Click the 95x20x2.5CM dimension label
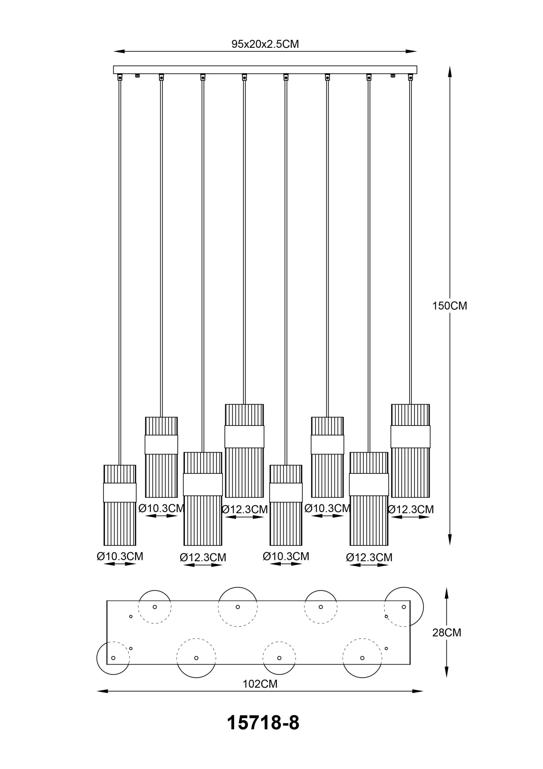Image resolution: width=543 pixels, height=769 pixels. (265, 44)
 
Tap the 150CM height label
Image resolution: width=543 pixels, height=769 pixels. (450, 306)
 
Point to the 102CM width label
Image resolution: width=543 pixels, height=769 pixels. (260, 684)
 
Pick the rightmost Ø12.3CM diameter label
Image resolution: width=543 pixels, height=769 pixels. (411, 509)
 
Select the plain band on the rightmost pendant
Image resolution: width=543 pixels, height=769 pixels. (410, 437)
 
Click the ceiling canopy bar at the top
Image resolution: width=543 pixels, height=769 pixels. (265, 70)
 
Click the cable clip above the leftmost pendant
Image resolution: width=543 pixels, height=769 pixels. (120, 78)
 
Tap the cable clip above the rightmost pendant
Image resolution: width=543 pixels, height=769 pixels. (410, 78)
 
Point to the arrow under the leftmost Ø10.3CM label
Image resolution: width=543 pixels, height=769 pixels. (120, 564)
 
